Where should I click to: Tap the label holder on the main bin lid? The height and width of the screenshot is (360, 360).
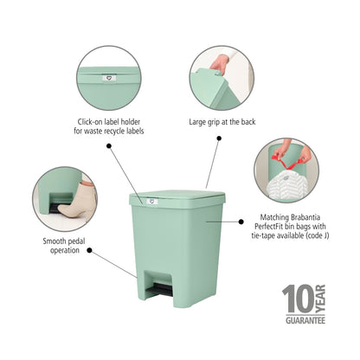(x=150, y=205)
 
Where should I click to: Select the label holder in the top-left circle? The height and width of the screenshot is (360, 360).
(x=107, y=76)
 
